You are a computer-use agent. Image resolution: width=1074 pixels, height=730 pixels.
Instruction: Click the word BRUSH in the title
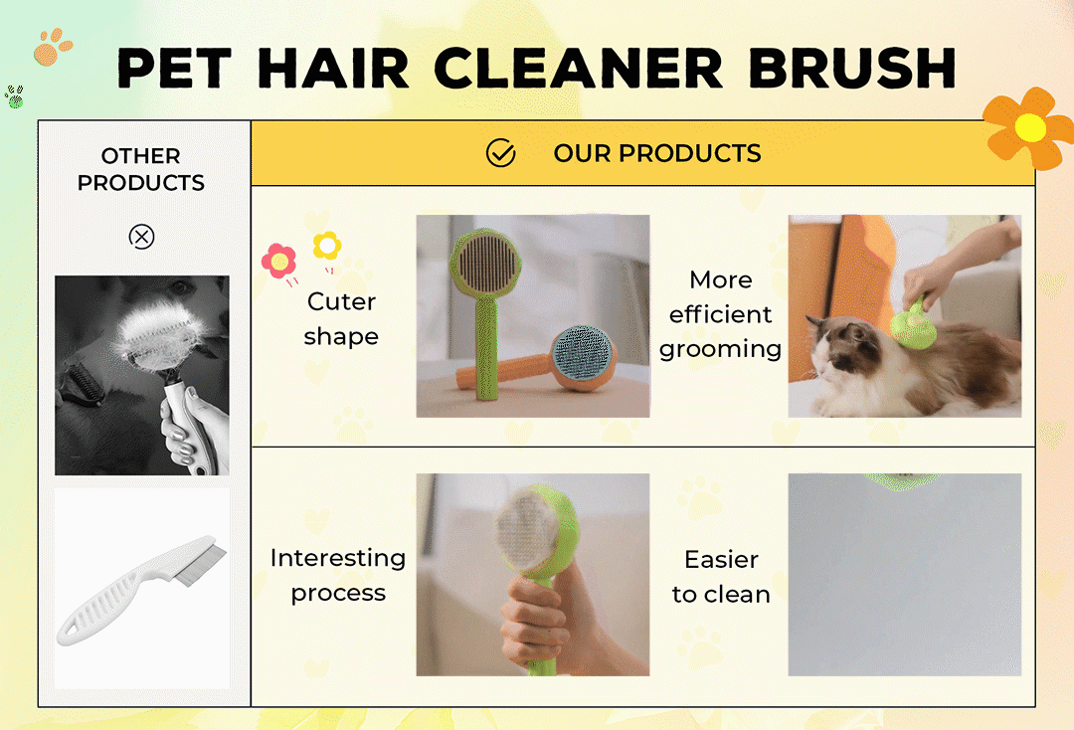852,68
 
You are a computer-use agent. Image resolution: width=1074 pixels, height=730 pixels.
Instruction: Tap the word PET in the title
174,68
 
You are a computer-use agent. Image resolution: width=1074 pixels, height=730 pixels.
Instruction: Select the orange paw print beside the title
52,47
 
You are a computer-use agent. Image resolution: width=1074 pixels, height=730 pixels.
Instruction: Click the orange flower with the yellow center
1029,127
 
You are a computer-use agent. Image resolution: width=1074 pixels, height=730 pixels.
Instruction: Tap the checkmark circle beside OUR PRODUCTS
500,153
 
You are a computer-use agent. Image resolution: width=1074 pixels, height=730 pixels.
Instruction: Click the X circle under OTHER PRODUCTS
142,237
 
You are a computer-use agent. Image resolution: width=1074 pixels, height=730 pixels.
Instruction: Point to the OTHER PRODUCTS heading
141,169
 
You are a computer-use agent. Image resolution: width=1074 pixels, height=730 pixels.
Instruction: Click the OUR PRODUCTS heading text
657,153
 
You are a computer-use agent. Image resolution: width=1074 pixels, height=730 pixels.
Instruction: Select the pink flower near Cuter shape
278,261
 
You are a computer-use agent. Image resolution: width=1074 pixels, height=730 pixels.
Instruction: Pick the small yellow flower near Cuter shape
327,246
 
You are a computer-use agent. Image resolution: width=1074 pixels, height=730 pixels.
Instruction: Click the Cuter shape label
341,318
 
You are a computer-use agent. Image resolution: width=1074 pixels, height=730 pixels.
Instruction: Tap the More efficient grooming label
721,314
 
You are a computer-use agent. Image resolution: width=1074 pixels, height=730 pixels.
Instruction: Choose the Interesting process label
338,575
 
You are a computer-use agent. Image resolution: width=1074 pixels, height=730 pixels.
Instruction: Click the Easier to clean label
721,577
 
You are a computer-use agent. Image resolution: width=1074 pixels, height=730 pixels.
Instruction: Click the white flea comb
142,590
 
